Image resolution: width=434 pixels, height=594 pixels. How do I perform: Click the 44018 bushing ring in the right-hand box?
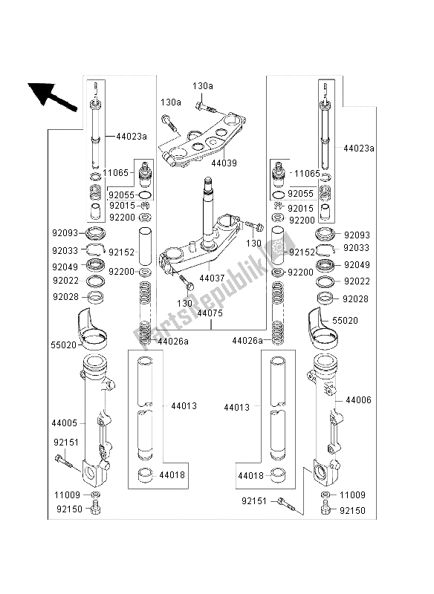278,475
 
